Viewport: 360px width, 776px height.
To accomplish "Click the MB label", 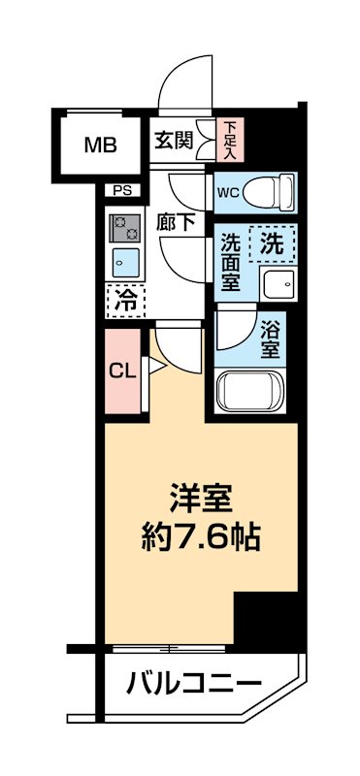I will pyautogui.click(x=100, y=146).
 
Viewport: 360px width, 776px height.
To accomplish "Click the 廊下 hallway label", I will pyautogui.click(x=175, y=222).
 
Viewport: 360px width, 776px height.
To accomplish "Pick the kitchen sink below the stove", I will pyautogui.click(x=125, y=262).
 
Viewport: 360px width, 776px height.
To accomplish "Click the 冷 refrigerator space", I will pyautogui.click(x=125, y=301).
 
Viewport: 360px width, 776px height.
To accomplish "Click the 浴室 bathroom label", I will pyautogui.click(x=271, y=340).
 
